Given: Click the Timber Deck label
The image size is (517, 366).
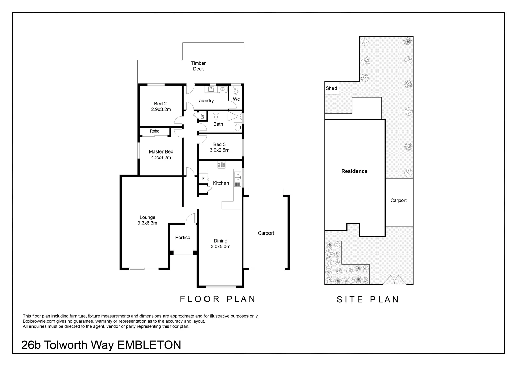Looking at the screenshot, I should tap(198, 66).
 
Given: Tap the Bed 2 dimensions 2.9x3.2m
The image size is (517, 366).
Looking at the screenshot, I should tap(161, 109).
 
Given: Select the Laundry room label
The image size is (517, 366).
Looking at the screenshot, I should tap(205, 101).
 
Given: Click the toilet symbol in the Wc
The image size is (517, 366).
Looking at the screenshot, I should tap(236, 90).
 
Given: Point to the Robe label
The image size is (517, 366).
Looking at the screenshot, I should tap(154, 131).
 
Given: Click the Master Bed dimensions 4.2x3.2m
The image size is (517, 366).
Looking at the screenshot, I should tap(161, 157).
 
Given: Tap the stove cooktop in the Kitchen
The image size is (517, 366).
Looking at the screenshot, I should tap(222, 165).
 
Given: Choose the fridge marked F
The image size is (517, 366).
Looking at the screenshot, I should tap(203, 178).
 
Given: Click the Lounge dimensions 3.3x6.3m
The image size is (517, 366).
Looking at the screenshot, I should tap(147, 223).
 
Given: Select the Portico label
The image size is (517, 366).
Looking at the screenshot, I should tap(182, 238).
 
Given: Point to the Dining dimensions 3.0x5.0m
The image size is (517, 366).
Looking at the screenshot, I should tap(220, 247).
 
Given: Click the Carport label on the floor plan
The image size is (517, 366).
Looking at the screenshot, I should tap(266, 233).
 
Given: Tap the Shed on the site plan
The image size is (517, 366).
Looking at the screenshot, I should tap(331, 88).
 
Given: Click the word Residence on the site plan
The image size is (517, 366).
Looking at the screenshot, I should tap(354, 171).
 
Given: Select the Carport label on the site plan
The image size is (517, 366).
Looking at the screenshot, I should tap(398, 200).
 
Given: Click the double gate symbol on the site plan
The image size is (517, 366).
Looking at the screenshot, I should tap(392, 279).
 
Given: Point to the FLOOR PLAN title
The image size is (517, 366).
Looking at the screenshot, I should tap(218, 299).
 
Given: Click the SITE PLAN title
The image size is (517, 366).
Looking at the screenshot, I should tap(368, 300).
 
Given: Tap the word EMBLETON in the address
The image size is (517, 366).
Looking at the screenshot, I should tap(149, 345).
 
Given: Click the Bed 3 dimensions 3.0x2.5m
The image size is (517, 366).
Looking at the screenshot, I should tap(219, 150).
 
